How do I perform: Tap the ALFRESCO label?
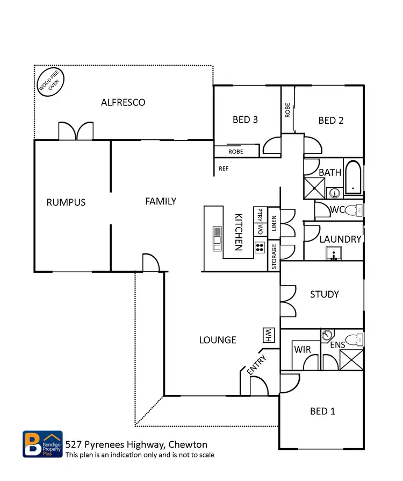pyautogui.click(x=123, y=102)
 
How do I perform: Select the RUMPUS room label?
pyautogui.click(x=66, y=202)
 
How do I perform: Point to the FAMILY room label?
pyautogui.click(x=161, y=201)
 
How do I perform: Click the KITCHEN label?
pyautogui.click(x=239, y=231)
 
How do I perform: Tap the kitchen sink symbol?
pyautogui.click(x=217, y=238)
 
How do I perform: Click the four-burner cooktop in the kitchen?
pyautogui.click(x=259, y=247)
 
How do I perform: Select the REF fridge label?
pyautogui.click(x=224, y=168)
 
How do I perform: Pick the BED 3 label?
pyautogui.click(x=245, y=119)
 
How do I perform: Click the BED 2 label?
pyautogui.click(x=330, y=121)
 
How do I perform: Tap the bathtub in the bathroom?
pyautogui.click(x=353, y=177)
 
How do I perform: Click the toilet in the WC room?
pyautogui.click(x=352, y=209)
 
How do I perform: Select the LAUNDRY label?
pyautogui.click(x=340, y=239)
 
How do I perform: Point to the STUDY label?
pyautogui.click(x=325, y=294)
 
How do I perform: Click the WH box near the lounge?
pyautogui.click(x=267, y=335)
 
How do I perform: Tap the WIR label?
pyautogui.click(x=302, y=350)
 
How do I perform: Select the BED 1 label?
pyautogui.click(x=322, y=411)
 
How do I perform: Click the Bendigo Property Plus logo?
pyautogui.click(x=42, y=444)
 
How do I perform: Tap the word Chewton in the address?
pyautogui.click(x=188, y=444)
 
